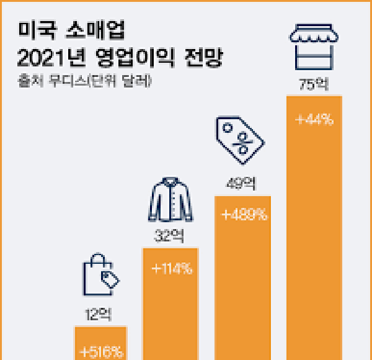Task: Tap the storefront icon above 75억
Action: pyautogui.click(x=314, y=47)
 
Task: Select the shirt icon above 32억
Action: pyautogui.click(x=169, y=200)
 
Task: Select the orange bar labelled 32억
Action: pyautogui.click(x=170, y=317)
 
